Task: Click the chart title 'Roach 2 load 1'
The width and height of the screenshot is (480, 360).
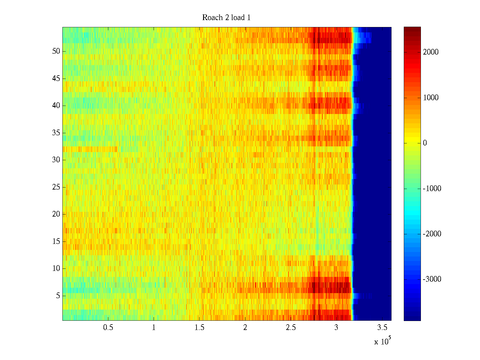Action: pos(226,18)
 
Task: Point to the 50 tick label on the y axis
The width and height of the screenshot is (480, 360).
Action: pos(56,51)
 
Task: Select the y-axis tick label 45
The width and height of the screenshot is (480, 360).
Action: pos(56,79)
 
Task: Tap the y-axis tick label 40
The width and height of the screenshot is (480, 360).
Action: pos(56,106)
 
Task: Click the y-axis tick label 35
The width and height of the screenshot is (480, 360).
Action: pos(56,133)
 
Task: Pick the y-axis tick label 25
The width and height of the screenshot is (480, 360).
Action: pos(56,187)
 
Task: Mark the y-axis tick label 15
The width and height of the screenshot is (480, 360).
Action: pos(56,241)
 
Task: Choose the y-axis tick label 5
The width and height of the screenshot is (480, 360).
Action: pos(58,296)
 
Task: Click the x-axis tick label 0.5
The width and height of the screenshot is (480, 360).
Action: pos(108,328)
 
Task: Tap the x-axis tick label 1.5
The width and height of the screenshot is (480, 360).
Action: pos(199,328)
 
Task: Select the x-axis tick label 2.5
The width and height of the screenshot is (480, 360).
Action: pos(291,328)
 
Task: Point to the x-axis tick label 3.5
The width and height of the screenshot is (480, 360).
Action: pos(382,328)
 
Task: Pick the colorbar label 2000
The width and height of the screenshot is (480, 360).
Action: pos(431,52)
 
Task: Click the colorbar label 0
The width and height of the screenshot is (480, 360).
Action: pos(425,143)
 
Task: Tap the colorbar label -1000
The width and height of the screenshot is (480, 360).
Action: pos(432,189)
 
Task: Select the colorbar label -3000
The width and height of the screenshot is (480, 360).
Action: pos(432,279)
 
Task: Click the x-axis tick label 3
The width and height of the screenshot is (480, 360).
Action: pos(336,328)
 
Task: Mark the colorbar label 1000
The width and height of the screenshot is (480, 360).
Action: pos(431,98)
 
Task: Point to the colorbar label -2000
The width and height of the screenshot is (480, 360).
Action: pos(432,234)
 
